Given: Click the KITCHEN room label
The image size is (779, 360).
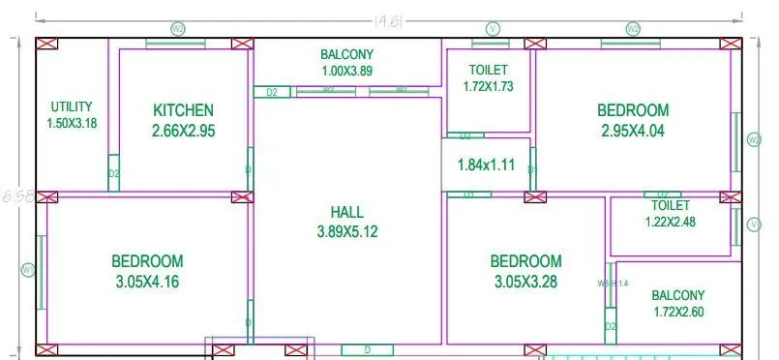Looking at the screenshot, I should point(183,110).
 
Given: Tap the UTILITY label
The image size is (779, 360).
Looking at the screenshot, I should point(72,106).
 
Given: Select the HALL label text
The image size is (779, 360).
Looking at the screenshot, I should point(346,212).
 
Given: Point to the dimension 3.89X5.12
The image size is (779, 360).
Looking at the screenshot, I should point(346,232).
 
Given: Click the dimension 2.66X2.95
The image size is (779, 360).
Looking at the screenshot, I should point(183,131).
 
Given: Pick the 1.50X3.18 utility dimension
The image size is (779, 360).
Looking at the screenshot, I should point(72,123).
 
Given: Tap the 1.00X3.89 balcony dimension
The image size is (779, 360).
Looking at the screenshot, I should point(346,71).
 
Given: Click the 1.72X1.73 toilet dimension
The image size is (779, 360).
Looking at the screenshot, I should point(488,86).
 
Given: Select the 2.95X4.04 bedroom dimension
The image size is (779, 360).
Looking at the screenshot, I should point(632,131).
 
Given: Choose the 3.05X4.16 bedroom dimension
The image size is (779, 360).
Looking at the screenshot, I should point(147,282).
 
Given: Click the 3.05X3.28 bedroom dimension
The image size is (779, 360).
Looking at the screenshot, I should point(525,282).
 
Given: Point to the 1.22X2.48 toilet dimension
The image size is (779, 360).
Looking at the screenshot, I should point(670,221).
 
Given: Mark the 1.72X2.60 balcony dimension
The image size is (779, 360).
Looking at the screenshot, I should point(677,312).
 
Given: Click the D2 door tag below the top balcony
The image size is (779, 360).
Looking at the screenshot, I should point(272,92).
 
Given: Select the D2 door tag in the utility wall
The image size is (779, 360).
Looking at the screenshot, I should point(113,173).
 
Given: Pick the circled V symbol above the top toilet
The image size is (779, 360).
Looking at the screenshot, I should point(493,28).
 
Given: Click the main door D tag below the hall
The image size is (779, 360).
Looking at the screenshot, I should point(368,349).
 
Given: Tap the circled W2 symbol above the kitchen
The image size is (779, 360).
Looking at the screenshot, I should point(178,28).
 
